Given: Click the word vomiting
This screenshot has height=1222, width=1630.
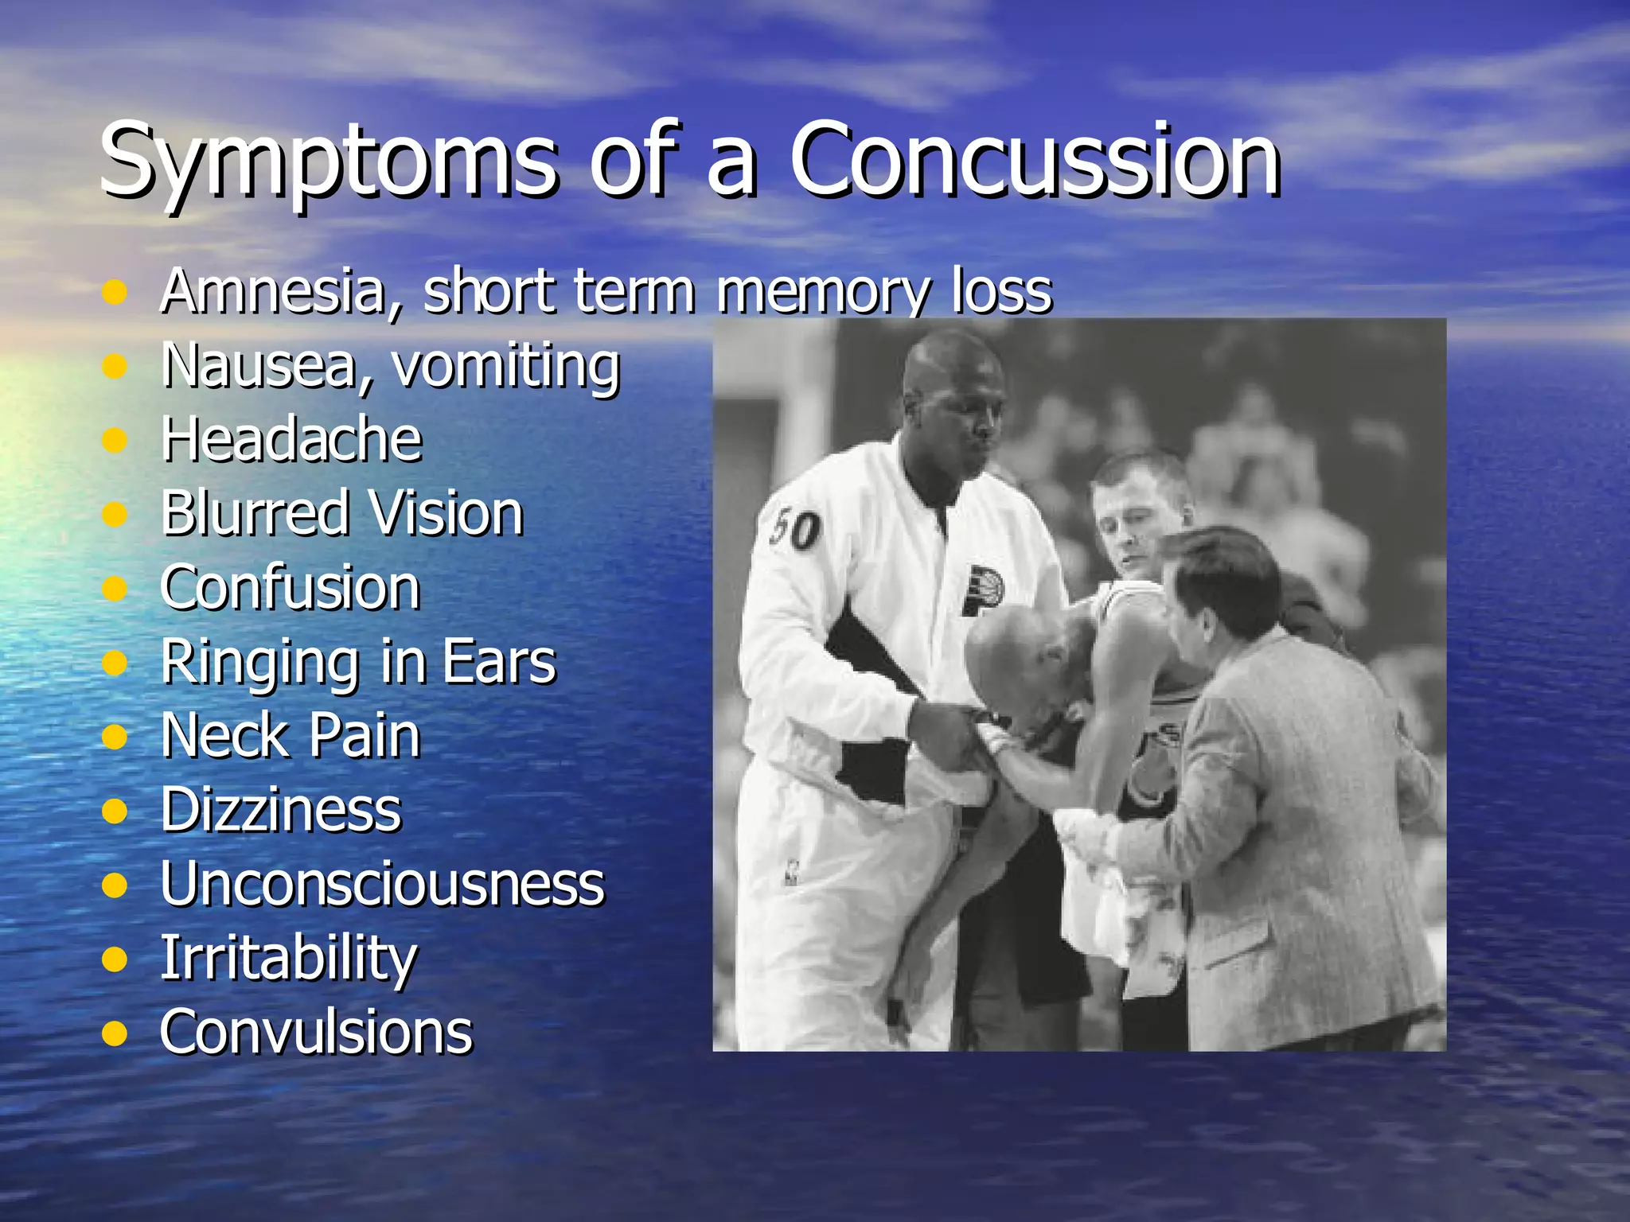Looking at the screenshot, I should (x=506, y=366).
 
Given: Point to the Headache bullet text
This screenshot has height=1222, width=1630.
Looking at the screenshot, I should (x=291, y=439).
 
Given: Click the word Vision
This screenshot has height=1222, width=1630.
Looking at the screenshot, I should (x=446, y=513).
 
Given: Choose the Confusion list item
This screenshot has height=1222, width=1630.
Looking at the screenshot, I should (x=290, y=587).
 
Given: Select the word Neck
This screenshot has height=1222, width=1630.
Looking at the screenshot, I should (x=224, y=735).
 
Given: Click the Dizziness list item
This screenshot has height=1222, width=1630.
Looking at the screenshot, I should (x=281, y=810).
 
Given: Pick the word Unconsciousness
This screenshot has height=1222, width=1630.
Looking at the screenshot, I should (x=382, y=884).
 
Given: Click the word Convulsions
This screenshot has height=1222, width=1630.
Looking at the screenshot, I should (x=316, y=1032).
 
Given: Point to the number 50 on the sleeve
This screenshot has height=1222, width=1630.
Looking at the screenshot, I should (x=794, y=528).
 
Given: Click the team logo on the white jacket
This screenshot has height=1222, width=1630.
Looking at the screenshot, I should (x=982, y=589).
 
